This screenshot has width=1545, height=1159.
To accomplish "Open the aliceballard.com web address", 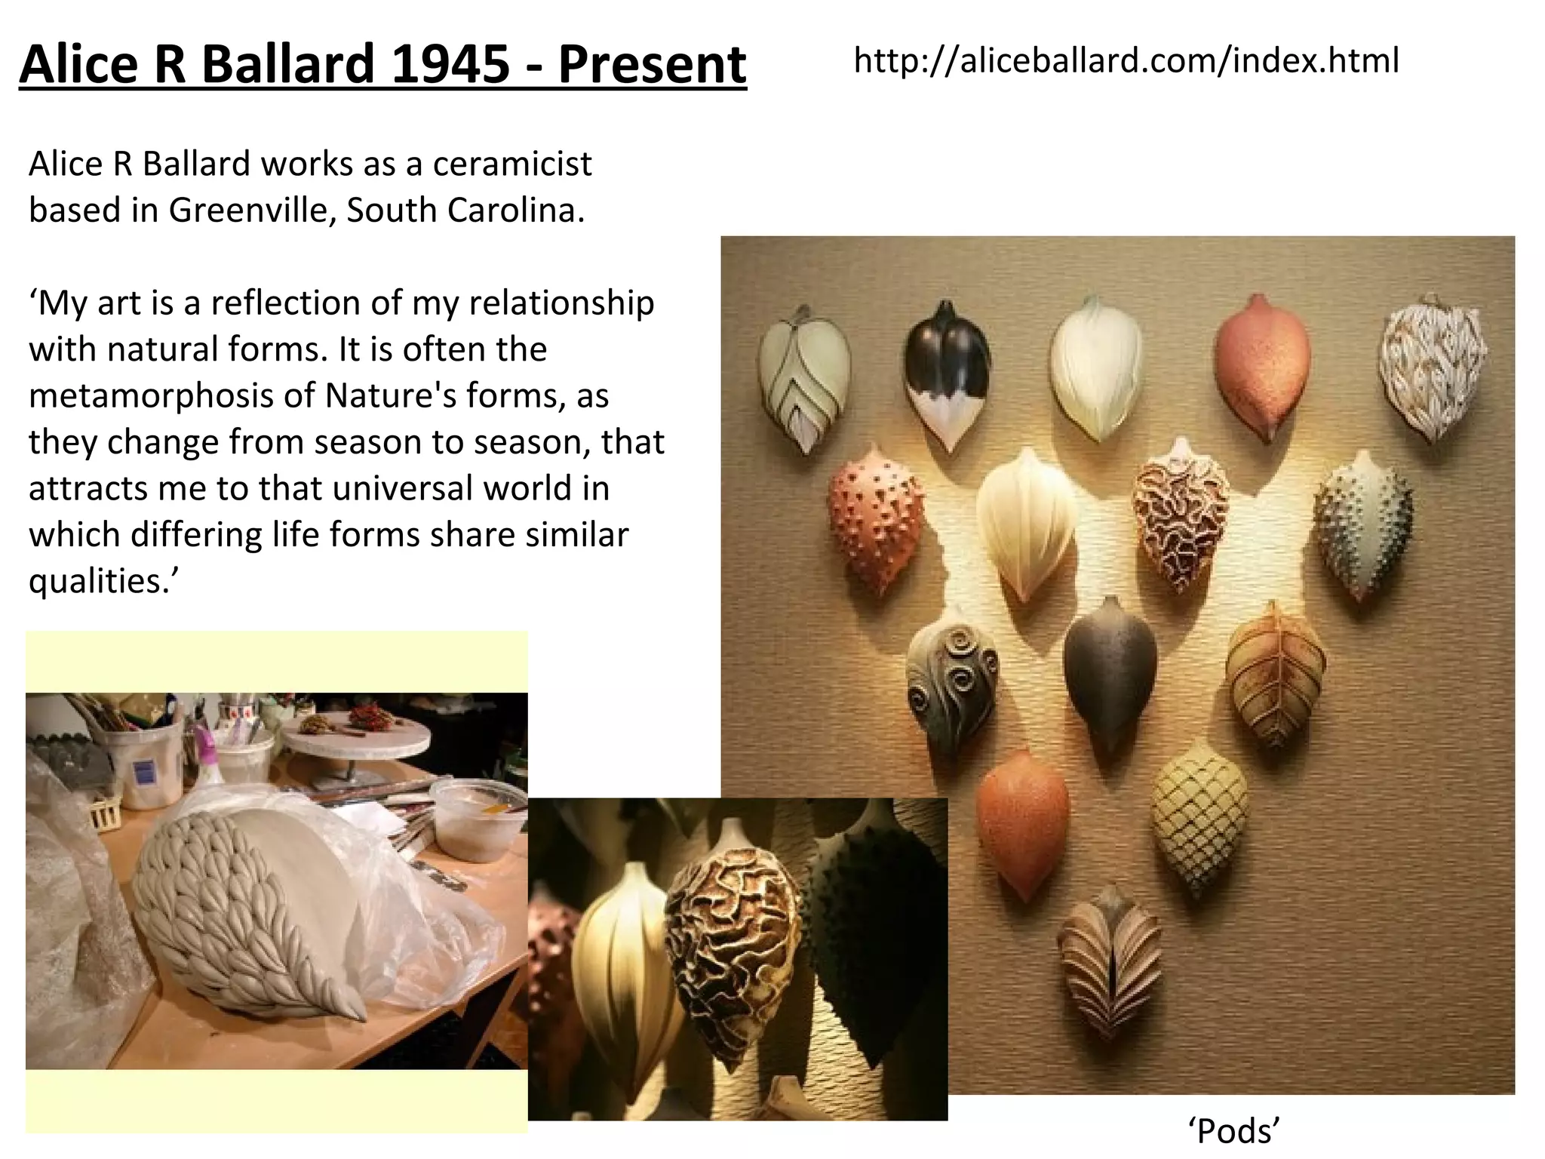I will [x=1126, y=60].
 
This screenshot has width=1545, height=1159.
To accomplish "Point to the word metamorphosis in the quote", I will [x=150, y=395].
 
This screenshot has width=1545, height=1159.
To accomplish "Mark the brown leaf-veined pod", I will [x=1274, y=675].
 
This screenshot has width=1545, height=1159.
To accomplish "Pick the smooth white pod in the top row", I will [x=1095, y=366].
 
